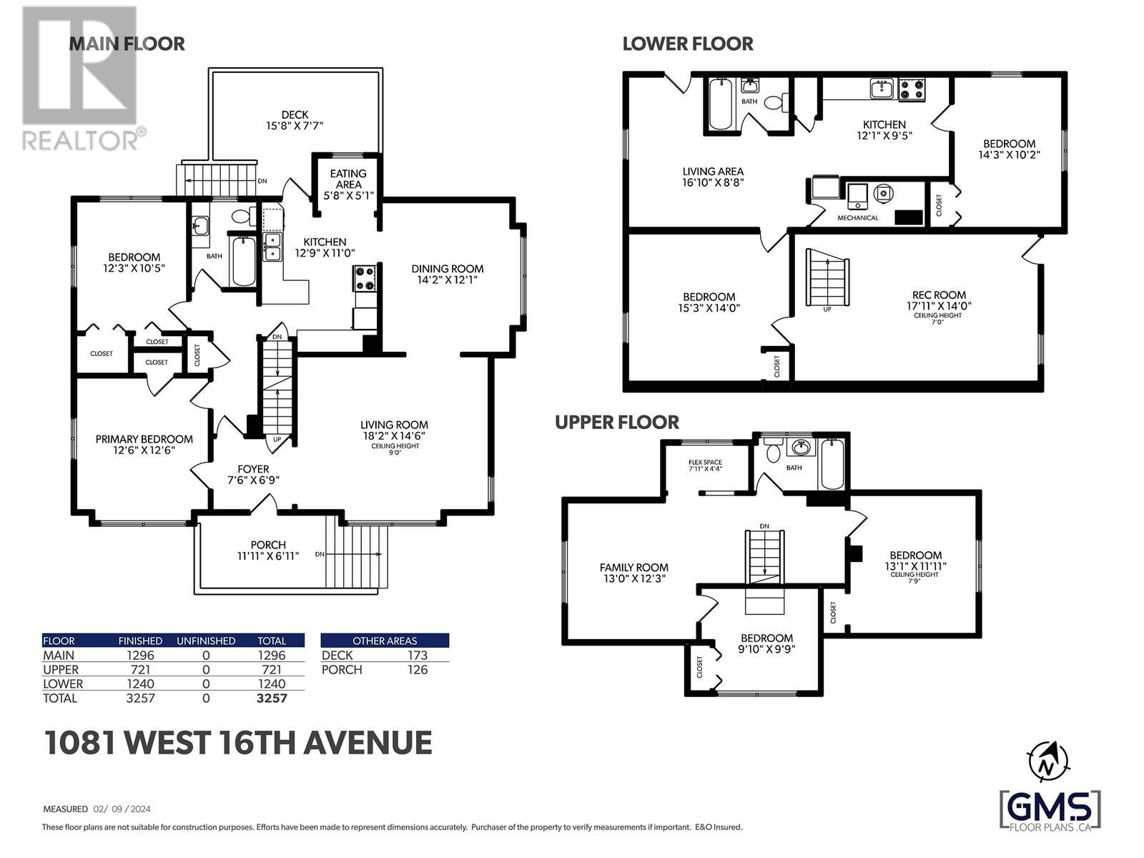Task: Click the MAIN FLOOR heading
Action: pos(127,44)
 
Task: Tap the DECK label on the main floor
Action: pos(295,114)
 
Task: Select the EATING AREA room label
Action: pos(348,179)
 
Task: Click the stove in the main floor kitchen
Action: pos(365,277)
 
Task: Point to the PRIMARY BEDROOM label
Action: pos(144,439)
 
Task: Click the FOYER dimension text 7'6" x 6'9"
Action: pos(253,480)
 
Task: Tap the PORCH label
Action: pos(268,545)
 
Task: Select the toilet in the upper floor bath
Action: pos(772,451)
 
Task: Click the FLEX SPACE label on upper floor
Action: pos(705,462)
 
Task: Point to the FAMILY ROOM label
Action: pos(633,567)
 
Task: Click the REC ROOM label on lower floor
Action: pos(939,295)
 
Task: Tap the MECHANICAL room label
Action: pos(858,218)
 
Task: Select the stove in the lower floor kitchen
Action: pos(912,89)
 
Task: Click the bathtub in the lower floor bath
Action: pos(721,103)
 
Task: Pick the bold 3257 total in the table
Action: pos(272,698)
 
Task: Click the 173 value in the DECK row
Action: pos(418,656)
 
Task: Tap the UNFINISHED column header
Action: pos(206,641)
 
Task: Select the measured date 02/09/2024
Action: pos(122,809)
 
